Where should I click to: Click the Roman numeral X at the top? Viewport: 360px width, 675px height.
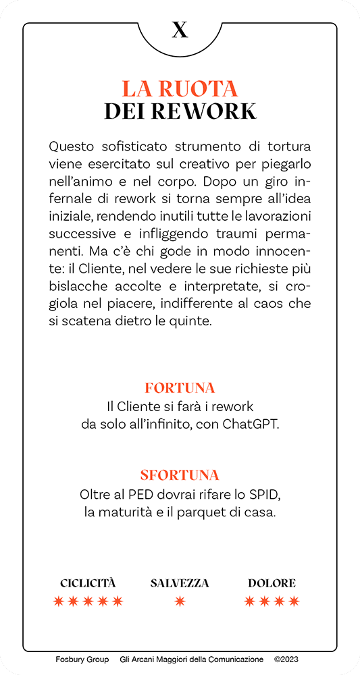click(x=180, y=30)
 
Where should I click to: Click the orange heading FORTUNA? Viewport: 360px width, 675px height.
click(x=180, y=388)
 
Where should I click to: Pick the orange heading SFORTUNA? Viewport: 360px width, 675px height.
click(x=180, y=475)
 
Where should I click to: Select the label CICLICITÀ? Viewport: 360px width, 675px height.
click(x=88, y=583)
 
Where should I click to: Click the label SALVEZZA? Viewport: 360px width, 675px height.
click(x=180, y=583)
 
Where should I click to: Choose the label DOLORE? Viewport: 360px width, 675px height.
click(x=272, y=583)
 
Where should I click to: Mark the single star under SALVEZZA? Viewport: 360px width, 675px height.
click(x=180, y=601)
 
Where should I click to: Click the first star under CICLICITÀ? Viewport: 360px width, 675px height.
click(x=59, y=601)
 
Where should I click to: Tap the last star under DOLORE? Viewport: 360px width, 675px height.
click(x=294, y=601)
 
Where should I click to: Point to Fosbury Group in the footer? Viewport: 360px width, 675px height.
click(x=82, y=659)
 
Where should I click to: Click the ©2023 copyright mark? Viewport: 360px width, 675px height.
click(x=286, y=659)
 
